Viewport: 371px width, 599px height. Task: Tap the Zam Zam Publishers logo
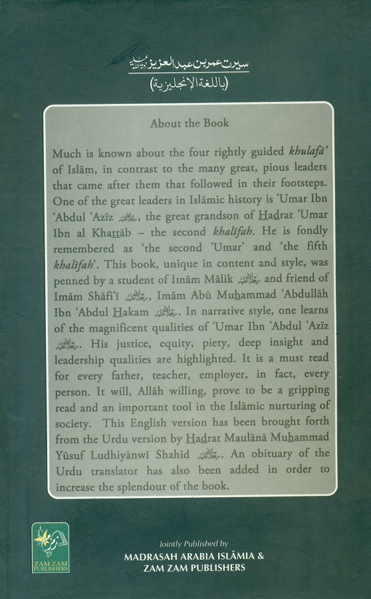51,546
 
